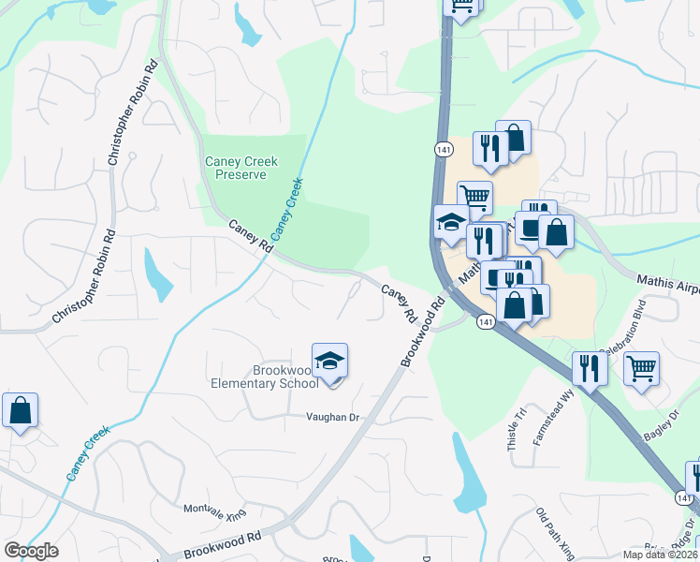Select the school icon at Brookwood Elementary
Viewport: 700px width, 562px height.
tap(329, 362)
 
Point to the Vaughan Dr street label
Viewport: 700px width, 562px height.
tap(330, 418)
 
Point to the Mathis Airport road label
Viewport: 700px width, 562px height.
tap(667, 280)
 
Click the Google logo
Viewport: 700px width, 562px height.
tap(31, 551)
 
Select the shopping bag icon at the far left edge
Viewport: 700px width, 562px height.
tap(20, 410)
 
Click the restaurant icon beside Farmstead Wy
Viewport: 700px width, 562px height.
tap(590, 367)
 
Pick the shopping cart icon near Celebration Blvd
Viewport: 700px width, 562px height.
tap(641, 368)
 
